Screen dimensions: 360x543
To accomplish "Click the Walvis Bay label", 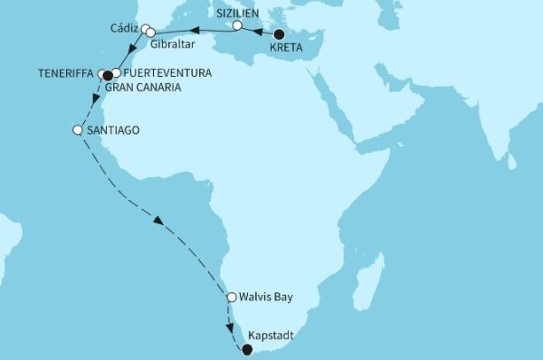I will pyautogui.click(x=267, y=297).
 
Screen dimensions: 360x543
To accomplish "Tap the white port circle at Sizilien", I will pyautogui.click(x=237, y=26).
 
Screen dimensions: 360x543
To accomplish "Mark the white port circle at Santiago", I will pyautogui.click(x=77, y=130).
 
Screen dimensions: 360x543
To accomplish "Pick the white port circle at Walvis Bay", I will pyautogui.click(x=232, y=297).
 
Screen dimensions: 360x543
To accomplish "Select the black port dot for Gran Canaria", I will pyautogui.click(x=108, y=76).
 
